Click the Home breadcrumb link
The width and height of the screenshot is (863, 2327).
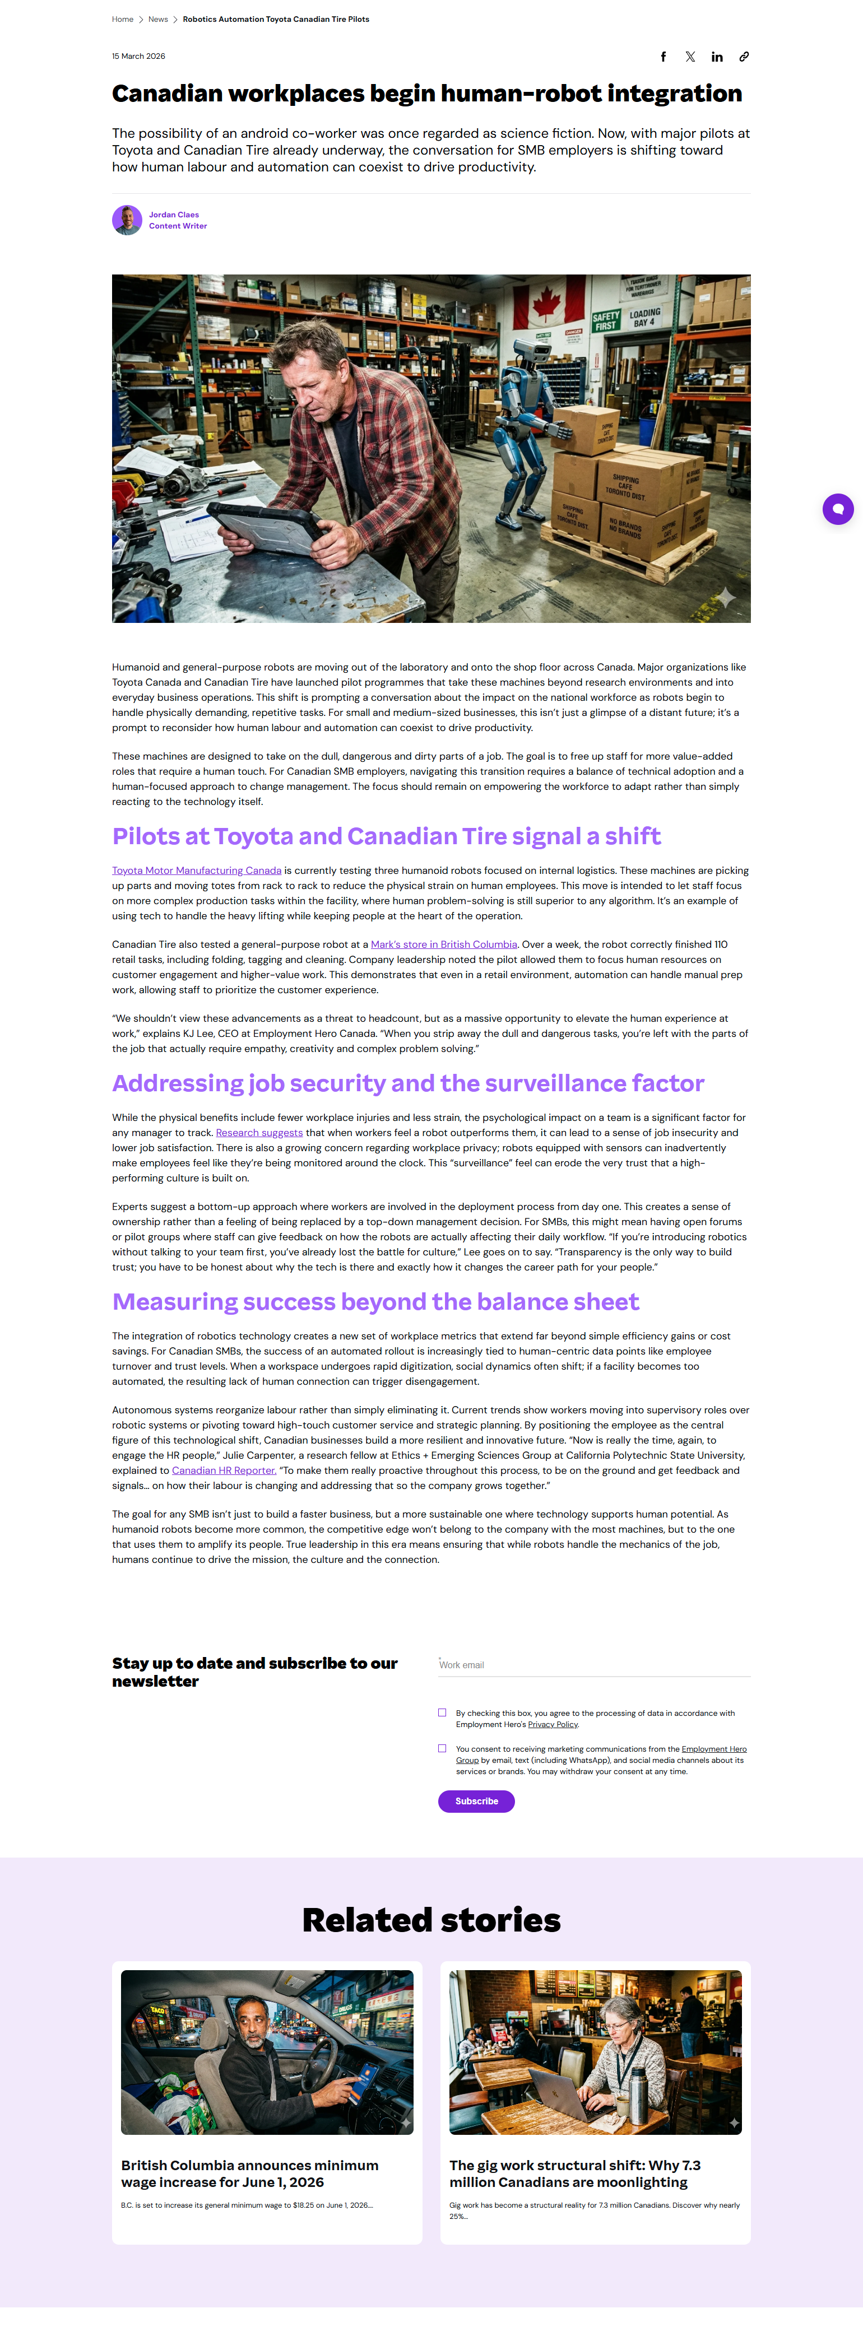[122, 19]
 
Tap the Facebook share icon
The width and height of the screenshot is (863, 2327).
[664, 57]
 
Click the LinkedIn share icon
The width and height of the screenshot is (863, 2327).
[717, 57]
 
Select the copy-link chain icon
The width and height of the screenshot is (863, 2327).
[744, 57]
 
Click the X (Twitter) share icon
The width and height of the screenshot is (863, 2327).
[690, 57]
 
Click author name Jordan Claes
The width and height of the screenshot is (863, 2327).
[174, 215]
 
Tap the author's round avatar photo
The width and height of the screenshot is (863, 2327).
[127, 220]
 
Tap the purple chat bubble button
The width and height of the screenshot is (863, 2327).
[838, 509]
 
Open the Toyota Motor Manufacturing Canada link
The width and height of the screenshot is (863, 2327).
[196, 871]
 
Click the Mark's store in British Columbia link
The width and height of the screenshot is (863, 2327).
[444, 945]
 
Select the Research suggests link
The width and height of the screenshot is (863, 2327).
[259, 1133]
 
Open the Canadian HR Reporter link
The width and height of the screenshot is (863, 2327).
[223, 1470]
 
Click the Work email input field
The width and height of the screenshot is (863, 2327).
[593, 1665]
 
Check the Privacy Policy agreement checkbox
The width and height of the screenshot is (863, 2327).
[442, 1712]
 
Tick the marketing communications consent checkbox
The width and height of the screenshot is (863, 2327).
[442, 1749]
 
